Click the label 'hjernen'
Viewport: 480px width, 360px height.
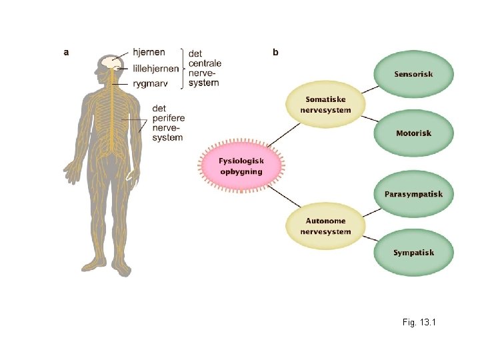[149, 52]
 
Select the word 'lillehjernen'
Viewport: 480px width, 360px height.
[155, 67]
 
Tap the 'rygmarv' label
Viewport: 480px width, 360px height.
[149, 83]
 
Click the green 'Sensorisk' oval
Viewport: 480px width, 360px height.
[413, 74]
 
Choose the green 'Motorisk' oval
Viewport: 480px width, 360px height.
[413, 133]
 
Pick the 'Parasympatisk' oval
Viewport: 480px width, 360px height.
[413, 194]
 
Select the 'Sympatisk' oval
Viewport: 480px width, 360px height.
[413, 253]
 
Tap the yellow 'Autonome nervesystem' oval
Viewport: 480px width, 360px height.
[326, 227]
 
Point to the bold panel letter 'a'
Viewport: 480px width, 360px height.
[66, 51]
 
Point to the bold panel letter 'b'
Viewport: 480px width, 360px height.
[276, 51]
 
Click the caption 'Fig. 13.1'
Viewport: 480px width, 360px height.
[419, 323]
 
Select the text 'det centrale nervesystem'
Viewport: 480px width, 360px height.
[204, 68]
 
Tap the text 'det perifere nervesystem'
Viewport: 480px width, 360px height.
[167, 123]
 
